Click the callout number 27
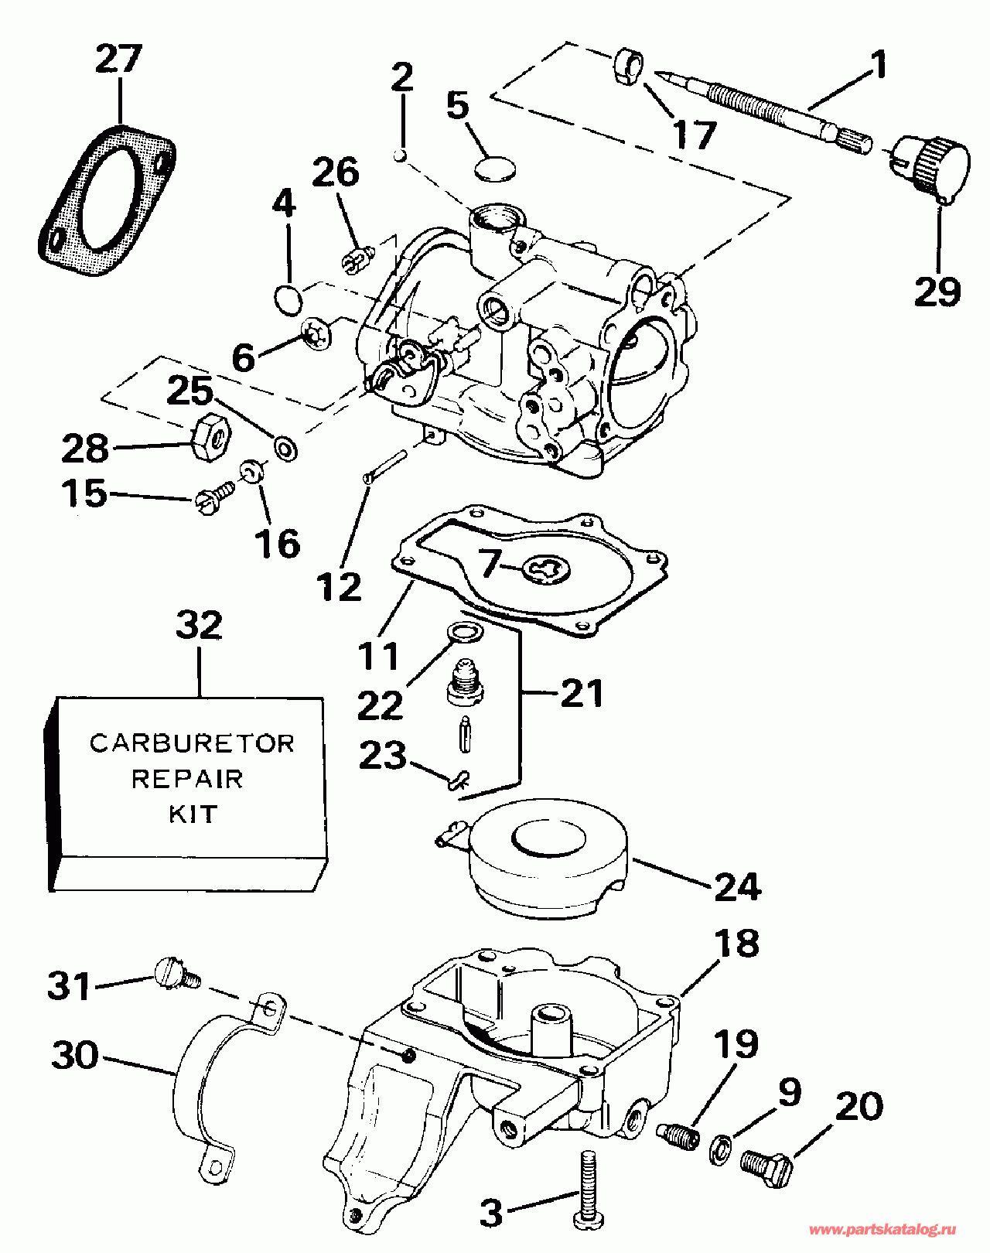pos(119,60)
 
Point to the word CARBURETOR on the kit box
pos(192,743)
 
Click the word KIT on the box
pos(193,814)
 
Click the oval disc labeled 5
pos(495,169)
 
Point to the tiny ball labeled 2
pos(401,155)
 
